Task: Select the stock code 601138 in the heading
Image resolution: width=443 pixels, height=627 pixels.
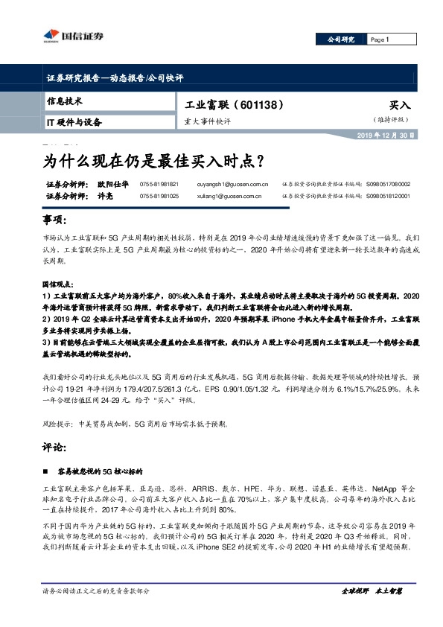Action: tap(262, 105)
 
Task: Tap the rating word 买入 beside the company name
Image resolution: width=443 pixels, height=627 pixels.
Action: tap(400, 106)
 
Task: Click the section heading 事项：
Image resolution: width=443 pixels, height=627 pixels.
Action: tap(56, 222)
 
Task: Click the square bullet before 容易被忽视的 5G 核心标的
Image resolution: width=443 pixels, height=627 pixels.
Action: tap(46, 472)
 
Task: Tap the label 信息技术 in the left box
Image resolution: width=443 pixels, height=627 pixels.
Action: tap(64, 101)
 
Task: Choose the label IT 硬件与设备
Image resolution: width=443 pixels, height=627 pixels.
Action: tap(74, 121)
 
